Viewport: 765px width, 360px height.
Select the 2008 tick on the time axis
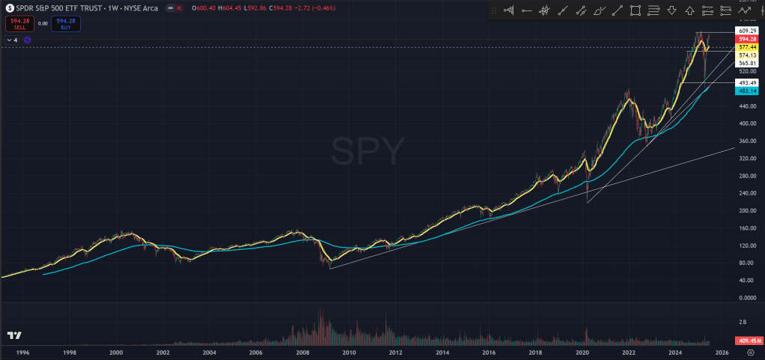pyautogui.click(x=302, y=352)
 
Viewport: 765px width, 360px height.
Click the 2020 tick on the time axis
pyautogui.click(x=582, y=352)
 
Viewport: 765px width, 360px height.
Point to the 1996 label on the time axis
pyautogui.click(x=22, y=352)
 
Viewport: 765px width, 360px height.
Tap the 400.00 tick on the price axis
pyautogui.click(x=744, y=123)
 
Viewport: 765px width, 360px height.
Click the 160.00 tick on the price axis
pyautogui.click(x=744, y=228)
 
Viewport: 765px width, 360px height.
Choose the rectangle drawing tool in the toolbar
pyautogui.click(x=636, y=10)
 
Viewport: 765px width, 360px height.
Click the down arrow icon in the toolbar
pyautogui.click(x=671, y=10)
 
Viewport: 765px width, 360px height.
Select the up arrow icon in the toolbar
pyautogui.click(x=689, y=10)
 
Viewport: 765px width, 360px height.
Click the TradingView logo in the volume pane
pyautogui.click(x=13, y=335)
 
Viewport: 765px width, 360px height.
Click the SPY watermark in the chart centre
pyautogui.click(x=368, y=153)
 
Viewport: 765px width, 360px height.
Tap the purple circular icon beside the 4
pyautogui.click(x=26, y=40)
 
